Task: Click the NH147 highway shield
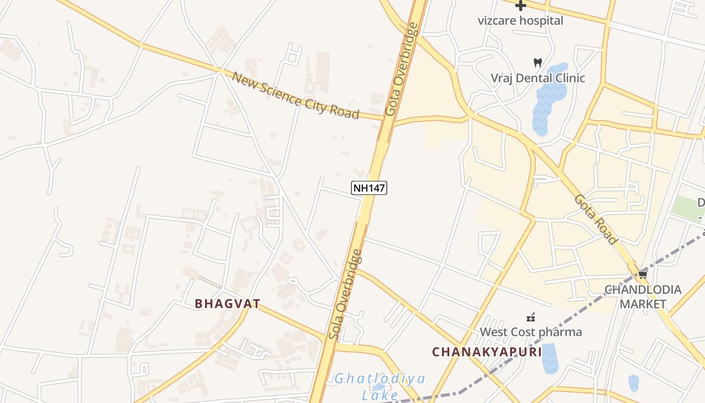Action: [369, 188]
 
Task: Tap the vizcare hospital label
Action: [520, 21]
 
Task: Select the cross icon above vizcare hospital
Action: [520, 6]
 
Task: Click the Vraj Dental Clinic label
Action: [538, 78]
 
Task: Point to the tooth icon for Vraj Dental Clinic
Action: [537, 63]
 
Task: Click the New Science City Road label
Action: [295, 95]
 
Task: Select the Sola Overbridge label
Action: [345, 294]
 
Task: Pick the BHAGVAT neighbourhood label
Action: [228, 304]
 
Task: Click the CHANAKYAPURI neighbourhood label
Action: [486, 352]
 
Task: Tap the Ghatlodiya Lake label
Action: [380, 386]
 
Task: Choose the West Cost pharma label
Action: [531, 332]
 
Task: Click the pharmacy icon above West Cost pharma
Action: [530, 317]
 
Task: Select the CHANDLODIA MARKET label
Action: [643, 297]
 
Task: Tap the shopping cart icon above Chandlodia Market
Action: [643, 275]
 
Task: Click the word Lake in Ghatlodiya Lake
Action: [380, 394]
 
